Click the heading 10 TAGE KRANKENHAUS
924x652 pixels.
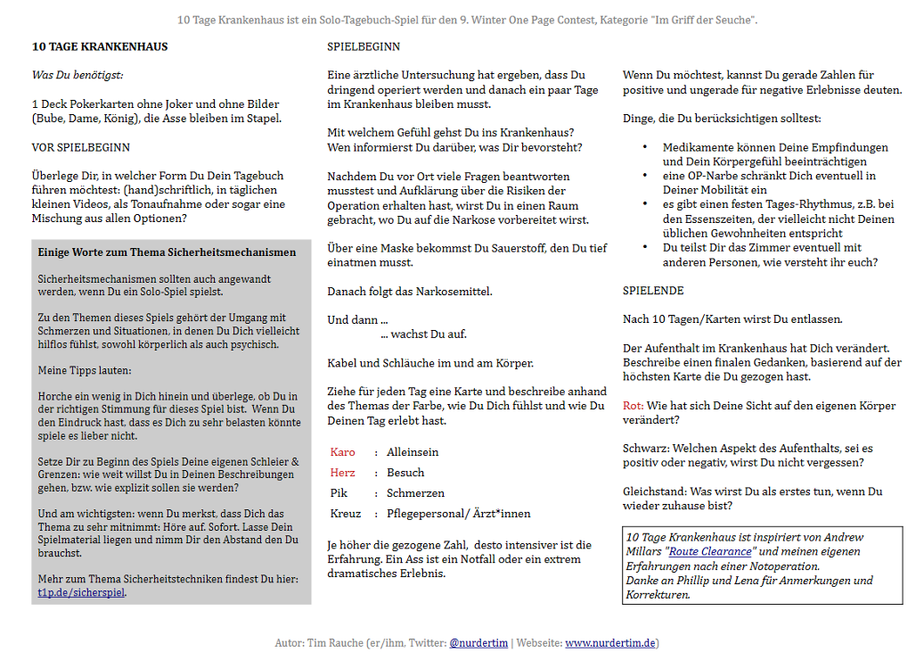tap(100, 47)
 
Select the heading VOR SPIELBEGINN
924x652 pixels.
tap(80, 147)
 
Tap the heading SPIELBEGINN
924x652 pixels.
tap(364, 47)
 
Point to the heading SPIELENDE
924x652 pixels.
tap(653, 291)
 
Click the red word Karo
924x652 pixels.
tap(342, 452)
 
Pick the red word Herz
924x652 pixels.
tap(342, 473)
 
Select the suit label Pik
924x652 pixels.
tap(339, 493)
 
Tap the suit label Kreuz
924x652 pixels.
tap(346, 514)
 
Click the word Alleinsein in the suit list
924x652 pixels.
tap(413, 452)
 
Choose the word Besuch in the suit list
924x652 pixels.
tap(405, 473)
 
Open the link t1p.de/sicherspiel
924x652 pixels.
tap(81, 591)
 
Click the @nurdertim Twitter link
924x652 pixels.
tap(478, 642)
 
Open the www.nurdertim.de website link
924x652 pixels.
tap(610, 642)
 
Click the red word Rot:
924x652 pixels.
tap(633, 406)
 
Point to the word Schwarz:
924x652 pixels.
tap(646, 448)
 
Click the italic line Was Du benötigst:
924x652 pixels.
tap(78, 75)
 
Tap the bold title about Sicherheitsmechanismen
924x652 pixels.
tap(167, 252)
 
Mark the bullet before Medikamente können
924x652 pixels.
tap(645, 147)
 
